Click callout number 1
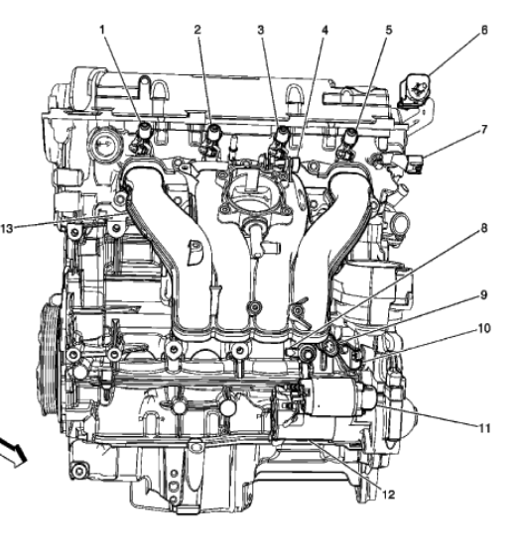[102, 30]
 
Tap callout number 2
[197, 30]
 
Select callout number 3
[261, 30]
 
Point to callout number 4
[324, 31]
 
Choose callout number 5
[389, 30]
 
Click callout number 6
[484, 30]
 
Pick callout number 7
[484, 130]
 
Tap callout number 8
[484, 228]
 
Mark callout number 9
[484, 295]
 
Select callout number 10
[484, 328]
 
